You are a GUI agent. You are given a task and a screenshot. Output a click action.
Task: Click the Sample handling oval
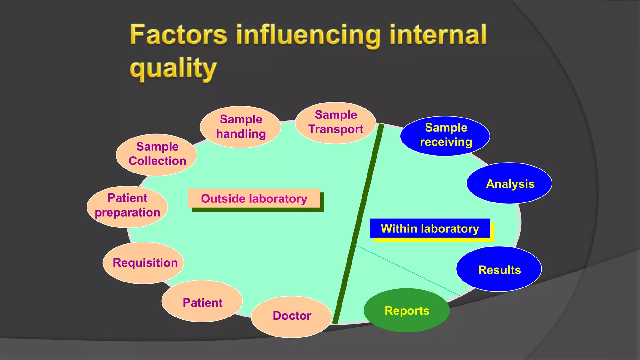pos(240,127)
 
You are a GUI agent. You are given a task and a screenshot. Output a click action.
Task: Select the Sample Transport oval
pos(335,122)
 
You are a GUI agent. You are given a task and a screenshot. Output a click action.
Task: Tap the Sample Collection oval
pos(157,154)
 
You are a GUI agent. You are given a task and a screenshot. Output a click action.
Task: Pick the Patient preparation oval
pos(127,206)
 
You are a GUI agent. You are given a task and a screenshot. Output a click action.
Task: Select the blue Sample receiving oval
pos(445,136)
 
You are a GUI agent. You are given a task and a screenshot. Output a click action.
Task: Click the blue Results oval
pos(499,269)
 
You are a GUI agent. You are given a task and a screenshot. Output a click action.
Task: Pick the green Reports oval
pos(407,310)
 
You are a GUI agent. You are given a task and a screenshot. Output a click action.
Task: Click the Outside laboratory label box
pos(254,198)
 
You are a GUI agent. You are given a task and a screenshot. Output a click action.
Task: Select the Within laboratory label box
pos(430,228)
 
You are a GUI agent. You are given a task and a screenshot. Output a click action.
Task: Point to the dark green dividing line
pos(359,219)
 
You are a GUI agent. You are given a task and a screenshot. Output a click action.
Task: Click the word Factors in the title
pos(178,35)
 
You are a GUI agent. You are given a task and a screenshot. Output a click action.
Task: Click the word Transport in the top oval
pos(336,129)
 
